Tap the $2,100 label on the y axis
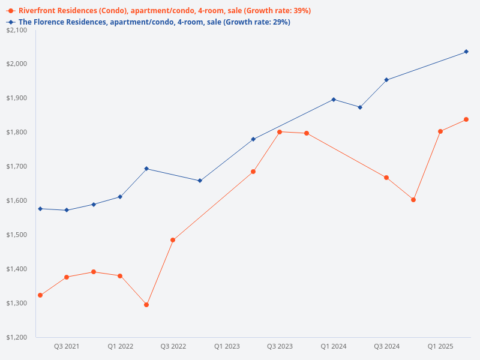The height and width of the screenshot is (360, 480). click(x=17, y=30)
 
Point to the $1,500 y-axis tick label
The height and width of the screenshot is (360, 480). click(x=17, y=235)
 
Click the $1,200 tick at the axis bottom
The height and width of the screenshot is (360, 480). click(x=17, y=337)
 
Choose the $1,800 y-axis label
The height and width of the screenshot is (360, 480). click(x=17, y=132)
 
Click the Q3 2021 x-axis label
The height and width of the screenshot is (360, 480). click(x=67, y=346)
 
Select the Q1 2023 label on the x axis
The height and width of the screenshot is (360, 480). click(x=227, y=346)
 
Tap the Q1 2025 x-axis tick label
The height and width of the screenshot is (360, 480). click(x=440, y=346)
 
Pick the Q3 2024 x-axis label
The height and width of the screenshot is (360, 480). click(x=387, y=346)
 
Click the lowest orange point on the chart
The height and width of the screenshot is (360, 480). click(x=146, y=305)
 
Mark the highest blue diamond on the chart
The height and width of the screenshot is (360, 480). click(x=466, y=52)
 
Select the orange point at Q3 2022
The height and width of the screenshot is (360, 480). click(x=173, y=240)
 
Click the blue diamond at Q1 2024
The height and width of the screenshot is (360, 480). click(x=334, y=100)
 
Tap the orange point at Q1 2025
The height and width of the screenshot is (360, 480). click(x=440, y=131)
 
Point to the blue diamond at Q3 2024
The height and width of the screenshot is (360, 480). click(x=386, y=80)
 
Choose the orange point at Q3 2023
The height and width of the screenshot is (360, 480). click(x=280, y=132)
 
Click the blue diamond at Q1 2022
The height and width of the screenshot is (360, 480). click(x=120, y=197)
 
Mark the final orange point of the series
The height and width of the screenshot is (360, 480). click(x=466, y=119)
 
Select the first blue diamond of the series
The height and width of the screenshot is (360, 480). click(x=40, y=209)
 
